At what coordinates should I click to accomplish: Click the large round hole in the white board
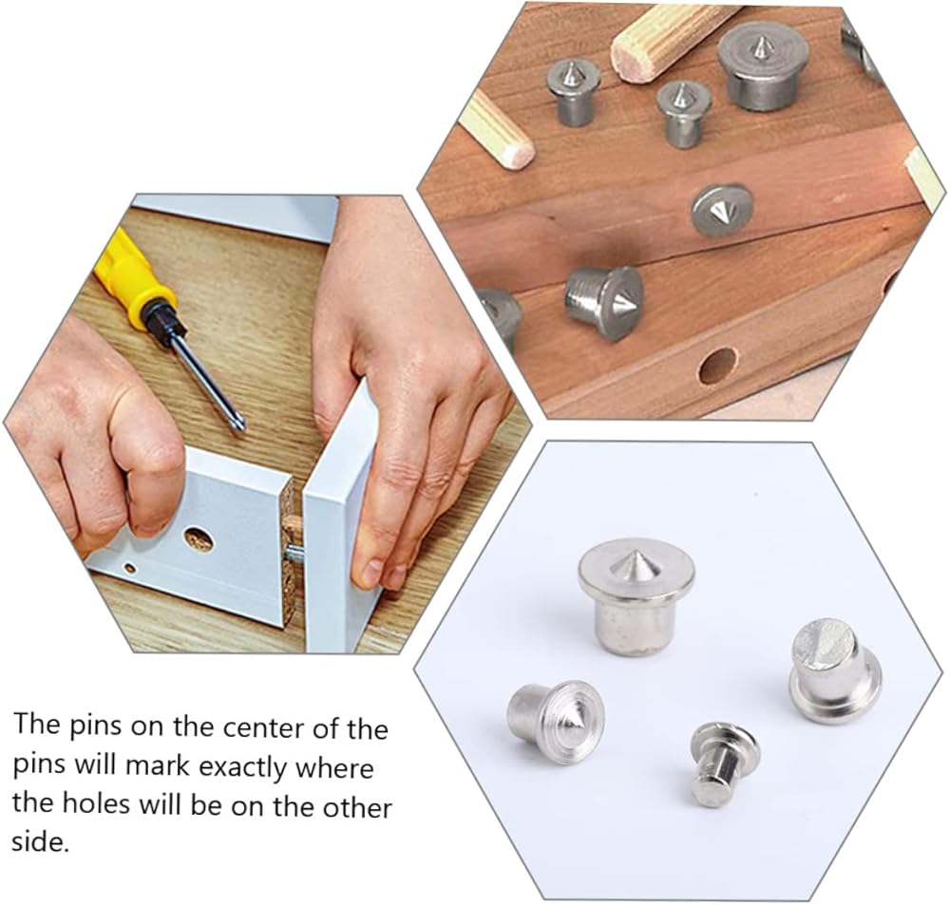tap(199, 539)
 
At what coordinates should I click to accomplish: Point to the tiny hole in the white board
tap(130, 568)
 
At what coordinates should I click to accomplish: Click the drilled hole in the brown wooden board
tap(718, 366)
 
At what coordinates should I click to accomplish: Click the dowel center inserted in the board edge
tap(722, 211)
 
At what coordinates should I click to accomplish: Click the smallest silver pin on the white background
tap(723, 764)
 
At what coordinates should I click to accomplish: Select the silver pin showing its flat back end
tap(835, 670)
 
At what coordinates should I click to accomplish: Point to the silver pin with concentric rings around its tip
tap(557, 722)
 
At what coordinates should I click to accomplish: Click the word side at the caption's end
tap(40, 842)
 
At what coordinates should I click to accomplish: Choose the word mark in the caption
tap(158, 766)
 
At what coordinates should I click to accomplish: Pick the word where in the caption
tap(333, 768)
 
